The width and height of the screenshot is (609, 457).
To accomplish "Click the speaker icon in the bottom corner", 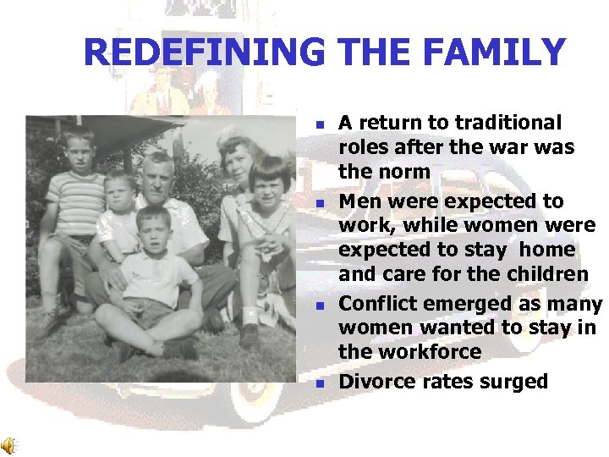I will [8, 445].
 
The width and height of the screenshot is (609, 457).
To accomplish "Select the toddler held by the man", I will [119, 212].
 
